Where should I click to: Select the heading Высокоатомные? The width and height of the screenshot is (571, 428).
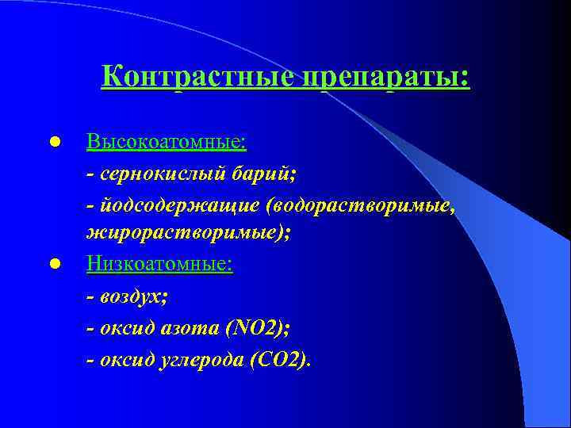coord(166,143)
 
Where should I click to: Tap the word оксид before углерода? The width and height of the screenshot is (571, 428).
coord(123,360)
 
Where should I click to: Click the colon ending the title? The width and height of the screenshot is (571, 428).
coord(465,79)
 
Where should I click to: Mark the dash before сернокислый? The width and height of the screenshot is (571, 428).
coord(90,174)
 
